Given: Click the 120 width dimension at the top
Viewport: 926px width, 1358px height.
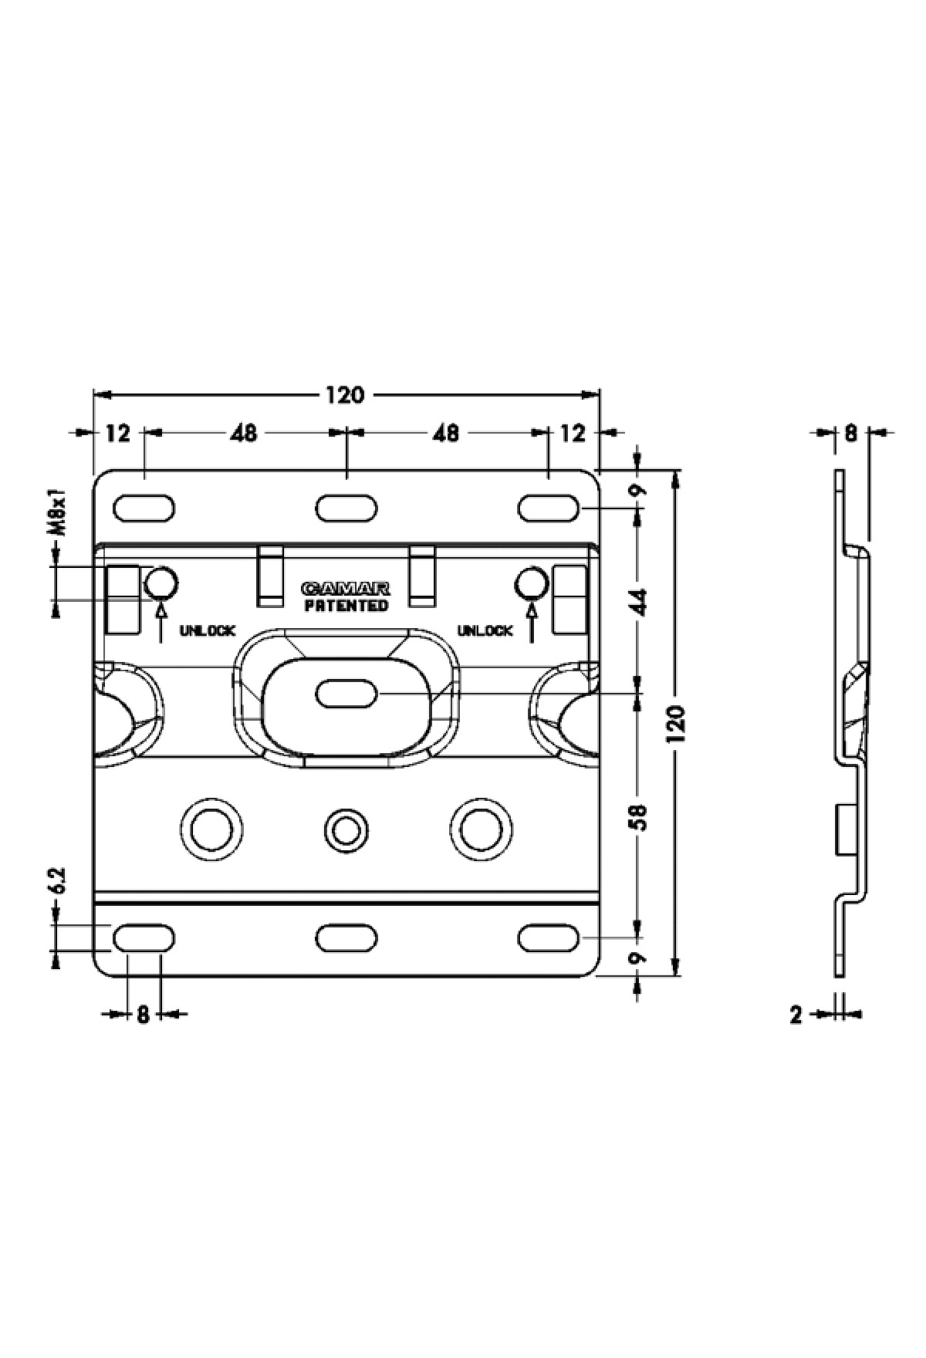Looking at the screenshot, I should pos(344,395).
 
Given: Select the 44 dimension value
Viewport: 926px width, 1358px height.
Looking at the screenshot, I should pos(638,601).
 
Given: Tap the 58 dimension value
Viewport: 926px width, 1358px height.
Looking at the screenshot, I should pos(638,816).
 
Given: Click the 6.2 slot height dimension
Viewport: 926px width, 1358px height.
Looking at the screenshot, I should pos(56,881).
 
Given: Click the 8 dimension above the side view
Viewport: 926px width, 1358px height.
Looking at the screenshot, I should pos(850,433).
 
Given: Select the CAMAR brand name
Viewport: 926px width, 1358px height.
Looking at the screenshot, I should pos(346,589).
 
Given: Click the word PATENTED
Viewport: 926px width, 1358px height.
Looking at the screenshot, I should pos(346,606).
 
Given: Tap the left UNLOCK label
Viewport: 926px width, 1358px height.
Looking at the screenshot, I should pos(207,631).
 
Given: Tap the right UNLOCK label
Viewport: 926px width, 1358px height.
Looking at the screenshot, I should pos(485,631).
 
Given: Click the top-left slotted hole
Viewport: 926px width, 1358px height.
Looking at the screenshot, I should pos(144,509).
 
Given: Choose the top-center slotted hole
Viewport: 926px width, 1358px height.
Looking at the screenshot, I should pos(346,509).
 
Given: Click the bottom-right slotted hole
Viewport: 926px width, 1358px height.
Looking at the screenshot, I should pos(549,937).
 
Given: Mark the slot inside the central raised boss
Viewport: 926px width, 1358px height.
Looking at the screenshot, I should pos(346,694).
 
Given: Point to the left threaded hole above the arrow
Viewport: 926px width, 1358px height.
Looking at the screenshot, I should pos(161,583).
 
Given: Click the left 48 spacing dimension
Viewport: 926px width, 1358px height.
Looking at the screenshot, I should pos(243,433).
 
